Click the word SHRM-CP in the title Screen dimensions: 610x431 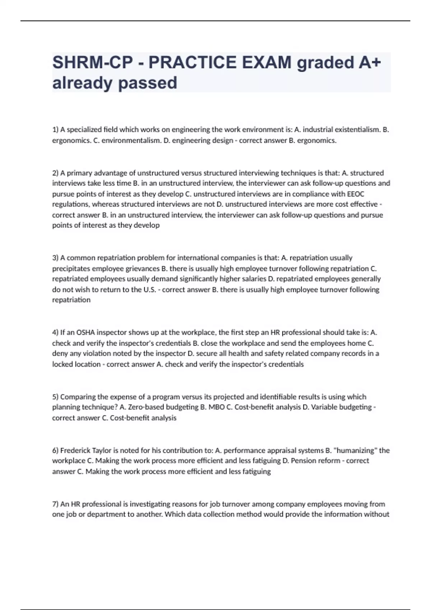pos(92,62)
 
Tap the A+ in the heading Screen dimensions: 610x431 pos(369,62)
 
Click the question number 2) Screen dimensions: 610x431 pos(55,173)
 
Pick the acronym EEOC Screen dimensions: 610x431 pos(356,194)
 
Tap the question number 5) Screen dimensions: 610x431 pos(55,397)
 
